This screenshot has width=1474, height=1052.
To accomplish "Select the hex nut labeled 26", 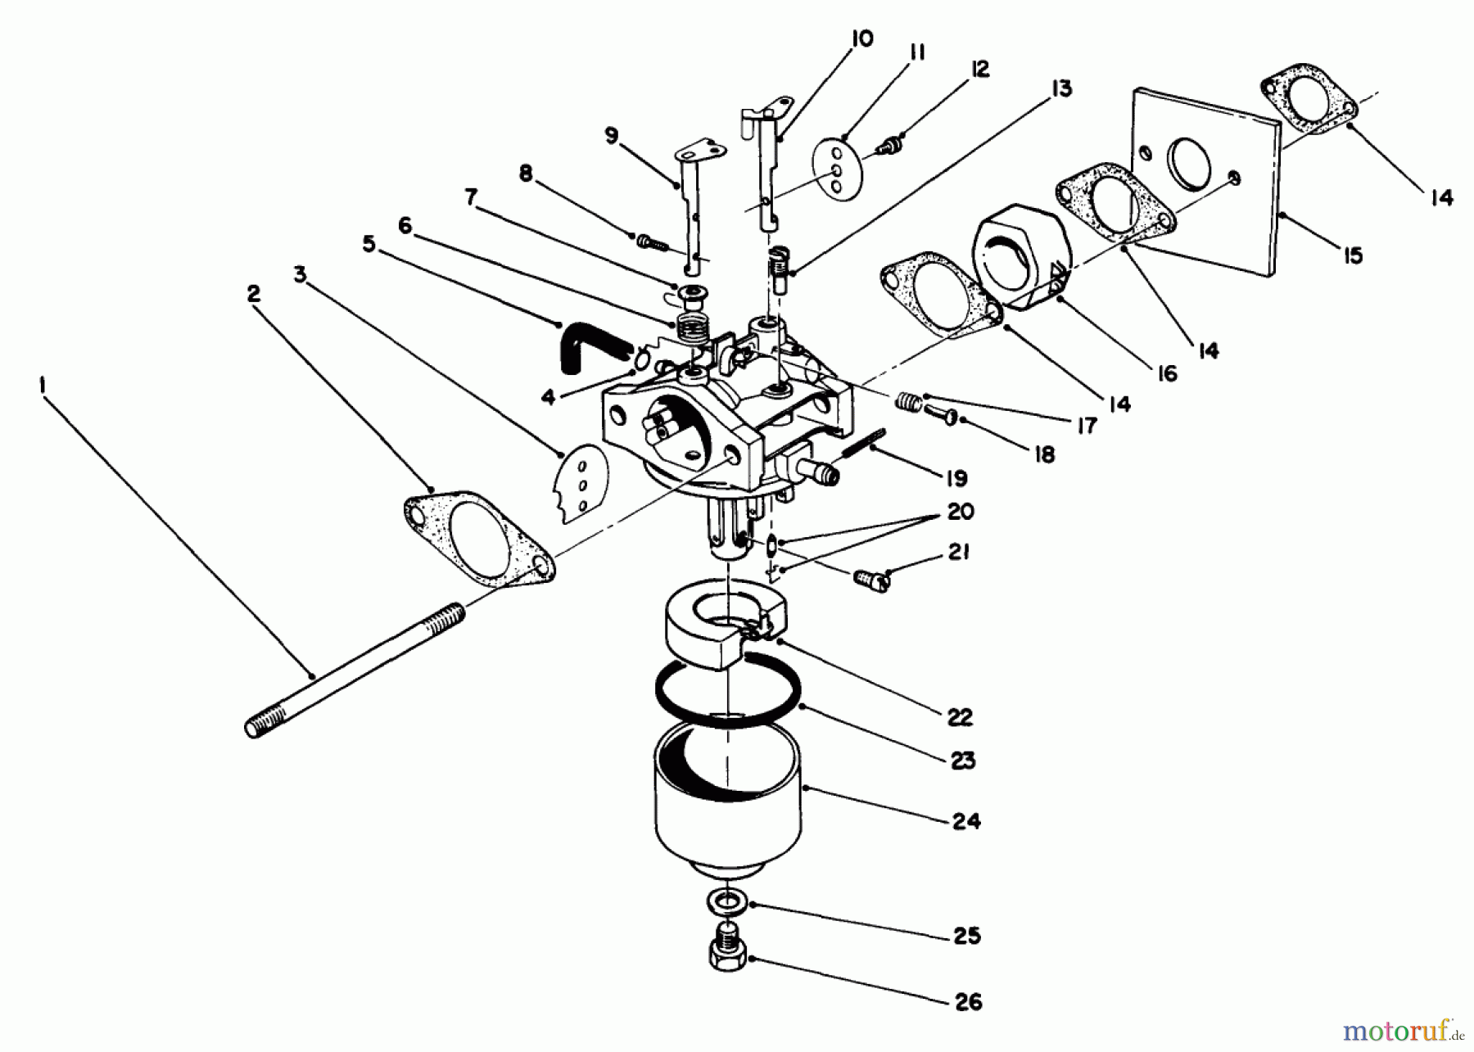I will [x=727, y=950].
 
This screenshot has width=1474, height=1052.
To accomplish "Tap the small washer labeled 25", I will [x=726, y=904].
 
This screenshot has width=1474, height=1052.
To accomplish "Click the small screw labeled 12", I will [x=888, y=147].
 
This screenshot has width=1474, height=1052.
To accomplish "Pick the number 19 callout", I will [x=956, y=478].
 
